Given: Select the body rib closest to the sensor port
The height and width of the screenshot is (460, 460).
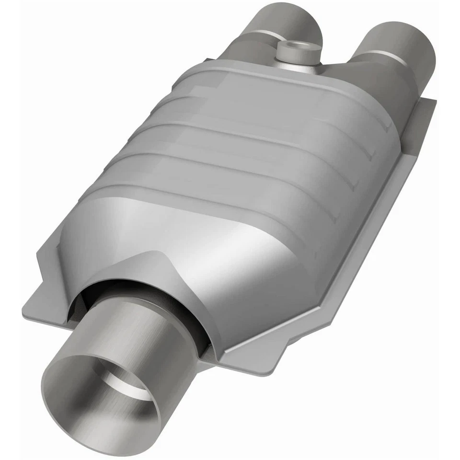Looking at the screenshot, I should [287, 86].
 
